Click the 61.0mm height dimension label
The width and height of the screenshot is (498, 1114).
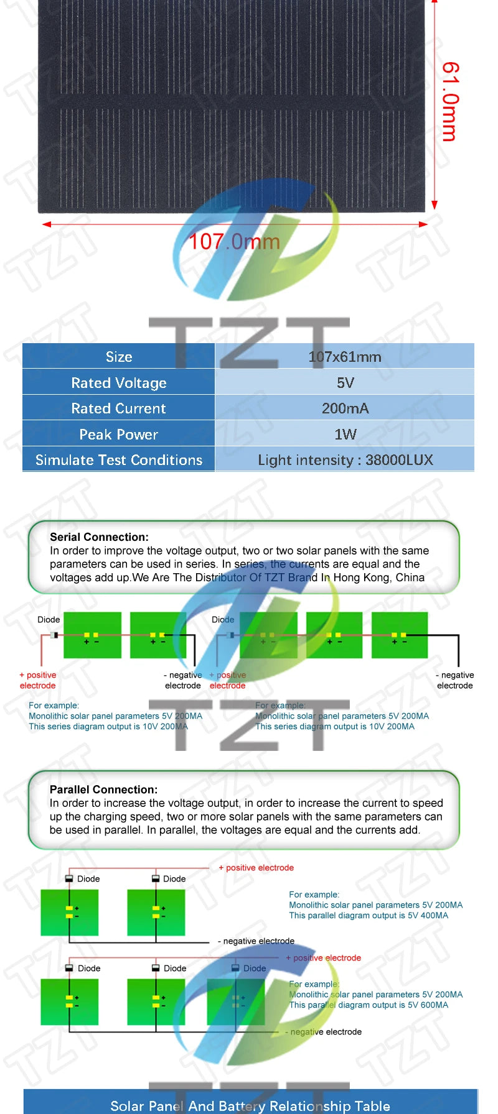tap(450, 101)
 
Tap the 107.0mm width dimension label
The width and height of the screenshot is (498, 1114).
tap(234, 241)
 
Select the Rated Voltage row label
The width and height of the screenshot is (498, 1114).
tap(119, 383)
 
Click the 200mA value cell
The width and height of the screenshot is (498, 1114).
tap(345, 408)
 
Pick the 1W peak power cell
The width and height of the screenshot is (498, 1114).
tap(345, 434)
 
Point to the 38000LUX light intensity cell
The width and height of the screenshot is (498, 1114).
tap(345, 460)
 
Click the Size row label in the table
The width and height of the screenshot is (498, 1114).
tap(119, 357)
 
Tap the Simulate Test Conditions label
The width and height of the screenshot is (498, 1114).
tap(119, 460)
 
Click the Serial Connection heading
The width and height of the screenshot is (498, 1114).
tap(100, 537)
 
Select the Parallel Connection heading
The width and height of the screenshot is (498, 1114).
tap(104, 789)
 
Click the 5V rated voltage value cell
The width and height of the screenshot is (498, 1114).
tap(345, 383)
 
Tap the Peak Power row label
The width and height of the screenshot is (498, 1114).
tap(119, 435)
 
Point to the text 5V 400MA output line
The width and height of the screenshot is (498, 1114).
tap(369, 916)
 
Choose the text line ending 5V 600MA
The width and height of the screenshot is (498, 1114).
tap(369, 1005)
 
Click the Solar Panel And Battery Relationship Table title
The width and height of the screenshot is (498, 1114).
tap(250, 1106)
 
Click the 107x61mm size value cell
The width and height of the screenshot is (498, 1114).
tap(345, 357)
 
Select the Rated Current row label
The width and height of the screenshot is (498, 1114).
tap(119, 408)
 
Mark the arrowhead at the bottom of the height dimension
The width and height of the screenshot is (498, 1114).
tap(435, 205)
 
